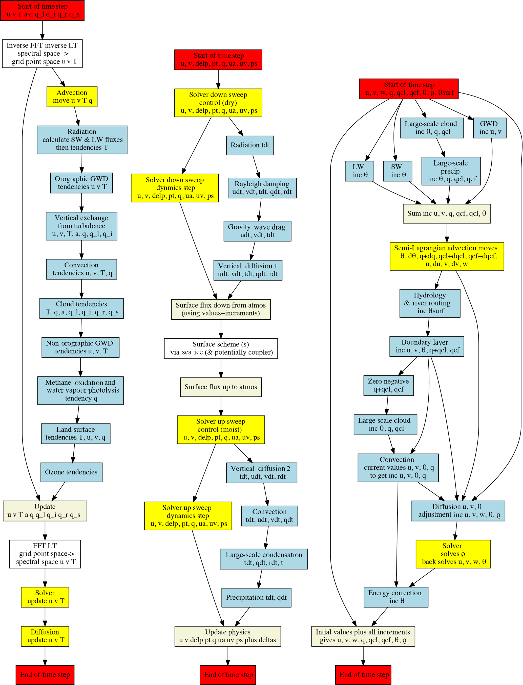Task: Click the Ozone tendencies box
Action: (x=71, y=472)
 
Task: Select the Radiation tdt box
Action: (x=250, y=145)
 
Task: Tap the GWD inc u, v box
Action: (x=490, y=128)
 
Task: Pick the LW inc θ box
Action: (x=359, y=171)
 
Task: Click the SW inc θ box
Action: (x=397, y=171)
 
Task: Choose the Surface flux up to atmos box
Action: (x=221, y=387)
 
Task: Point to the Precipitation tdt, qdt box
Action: (x=256, y=597)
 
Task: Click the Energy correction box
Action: (x=396, y=597)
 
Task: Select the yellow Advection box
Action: (x=72, y=97)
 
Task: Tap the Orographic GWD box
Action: (x=81, y=183)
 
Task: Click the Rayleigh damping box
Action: (x=262, y=188)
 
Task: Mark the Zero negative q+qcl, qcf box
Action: (x=388, y=385)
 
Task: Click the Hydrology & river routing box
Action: (x=430, y=303)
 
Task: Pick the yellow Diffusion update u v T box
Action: (x=45, y=636)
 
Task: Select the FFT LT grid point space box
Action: (x=45, y=554)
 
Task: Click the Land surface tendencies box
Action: (x=75, y=433)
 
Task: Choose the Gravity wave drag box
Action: (x=257, y=231)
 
